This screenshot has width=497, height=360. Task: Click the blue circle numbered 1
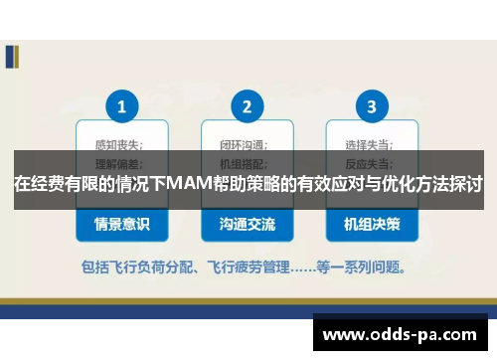(122, 106)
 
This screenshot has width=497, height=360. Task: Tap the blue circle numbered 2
(247, 106)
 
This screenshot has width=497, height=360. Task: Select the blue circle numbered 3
(372, 106)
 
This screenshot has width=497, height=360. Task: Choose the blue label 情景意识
(122, 225)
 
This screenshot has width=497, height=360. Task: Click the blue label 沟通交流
(247, 225)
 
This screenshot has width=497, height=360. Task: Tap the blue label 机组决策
(372, 225)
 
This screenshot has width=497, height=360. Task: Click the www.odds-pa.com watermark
(402, 334)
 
